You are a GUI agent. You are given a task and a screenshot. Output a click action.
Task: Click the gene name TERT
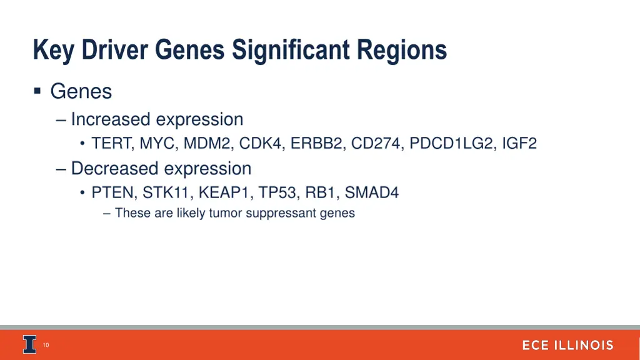(111, 144)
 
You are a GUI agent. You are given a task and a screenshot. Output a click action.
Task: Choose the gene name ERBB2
(317, 144)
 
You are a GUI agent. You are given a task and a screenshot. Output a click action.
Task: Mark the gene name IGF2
(519, 144)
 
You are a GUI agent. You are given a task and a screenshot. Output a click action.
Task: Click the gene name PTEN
(114, 192)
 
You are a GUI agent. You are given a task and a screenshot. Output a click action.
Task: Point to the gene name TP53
(277, 192)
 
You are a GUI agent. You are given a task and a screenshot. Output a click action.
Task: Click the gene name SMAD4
(372, 192)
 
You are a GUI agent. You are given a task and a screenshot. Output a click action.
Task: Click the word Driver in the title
(110, 50)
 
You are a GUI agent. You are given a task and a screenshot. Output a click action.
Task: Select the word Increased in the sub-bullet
(111, 119)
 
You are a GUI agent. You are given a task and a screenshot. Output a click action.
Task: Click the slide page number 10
(46, 345)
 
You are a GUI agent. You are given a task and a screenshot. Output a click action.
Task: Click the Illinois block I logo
(29, 344)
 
